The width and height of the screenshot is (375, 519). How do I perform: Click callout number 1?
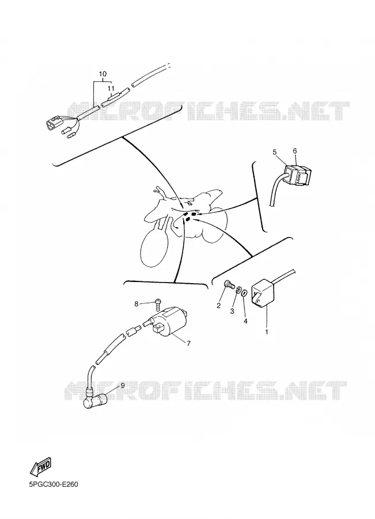pyautogui.click(x=267, y=332)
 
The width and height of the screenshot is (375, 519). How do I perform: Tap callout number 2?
pyautogui.click(x=218, y=306)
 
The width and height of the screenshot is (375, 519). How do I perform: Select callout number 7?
pyautogui.click(x=188, y=343)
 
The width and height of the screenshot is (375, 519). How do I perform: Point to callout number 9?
pyautogui.click(x=122, y=385)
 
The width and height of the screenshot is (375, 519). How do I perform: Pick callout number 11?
pyautogui.click(x=111, y=88)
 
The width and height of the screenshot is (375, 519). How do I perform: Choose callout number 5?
pyautogui.click(x=274, y=152)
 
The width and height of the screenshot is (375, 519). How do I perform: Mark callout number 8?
pyautogui.click(x=137, y=303)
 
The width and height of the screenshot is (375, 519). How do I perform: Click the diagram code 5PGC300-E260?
pyautogui.click(x=54, y=484)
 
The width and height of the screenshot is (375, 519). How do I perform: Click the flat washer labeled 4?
pyautogui.click(x=245, y=293)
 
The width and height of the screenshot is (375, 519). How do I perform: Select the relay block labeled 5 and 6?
pyautogui.click(x=298, y=174)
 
